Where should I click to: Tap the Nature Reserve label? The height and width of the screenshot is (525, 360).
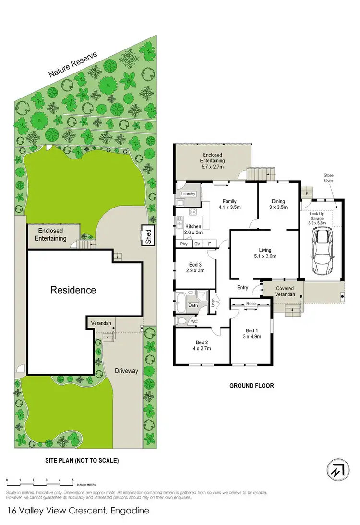[x=73, y=65]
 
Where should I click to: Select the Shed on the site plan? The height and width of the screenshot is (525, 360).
[x=148, y=235]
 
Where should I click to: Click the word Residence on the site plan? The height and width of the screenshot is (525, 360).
[x=73, y=290]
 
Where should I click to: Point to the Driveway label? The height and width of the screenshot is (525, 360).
[x=127, y=371]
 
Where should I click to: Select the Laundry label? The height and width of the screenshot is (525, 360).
[x=188, y=194]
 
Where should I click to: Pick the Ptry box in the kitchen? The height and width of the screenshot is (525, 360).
[x=183, y=244]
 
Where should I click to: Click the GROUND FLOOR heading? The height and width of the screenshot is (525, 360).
[x=251, y=385]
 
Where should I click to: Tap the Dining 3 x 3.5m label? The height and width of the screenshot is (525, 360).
[x=278, y=205]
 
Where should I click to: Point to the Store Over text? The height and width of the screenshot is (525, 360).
[x=328, y=178]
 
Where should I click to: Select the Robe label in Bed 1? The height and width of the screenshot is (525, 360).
[x=251, y=304]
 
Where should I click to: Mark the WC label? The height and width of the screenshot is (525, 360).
[x=194, y=320]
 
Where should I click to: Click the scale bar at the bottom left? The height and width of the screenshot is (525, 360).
[x=40, y=480]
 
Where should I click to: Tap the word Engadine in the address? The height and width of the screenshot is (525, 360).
[x=127, y=510]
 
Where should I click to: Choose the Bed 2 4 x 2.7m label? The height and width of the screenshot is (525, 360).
[x=202, y=345]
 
